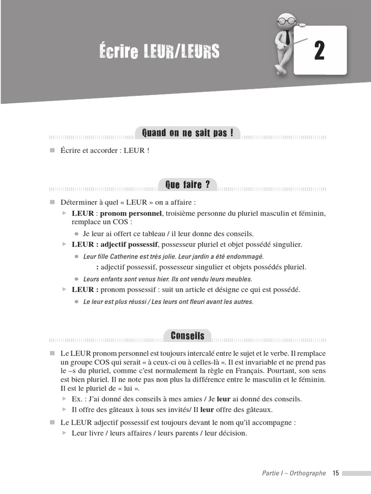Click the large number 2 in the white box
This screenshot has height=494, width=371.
click(319, 51)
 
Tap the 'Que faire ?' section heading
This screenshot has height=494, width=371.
click(187, 184)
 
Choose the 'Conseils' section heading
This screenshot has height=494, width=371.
click(187, 336)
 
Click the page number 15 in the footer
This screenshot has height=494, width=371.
click(336, 473)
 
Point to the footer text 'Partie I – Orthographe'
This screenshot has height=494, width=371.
click(294, 473)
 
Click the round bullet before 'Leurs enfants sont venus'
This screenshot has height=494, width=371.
click(76, 279)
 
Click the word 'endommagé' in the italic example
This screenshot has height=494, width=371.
click(244, 257)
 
